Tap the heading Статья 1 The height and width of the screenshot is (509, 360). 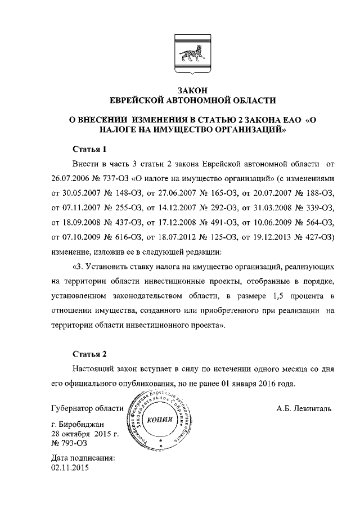point(90,150)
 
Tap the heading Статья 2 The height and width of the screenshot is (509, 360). point(90,354)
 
